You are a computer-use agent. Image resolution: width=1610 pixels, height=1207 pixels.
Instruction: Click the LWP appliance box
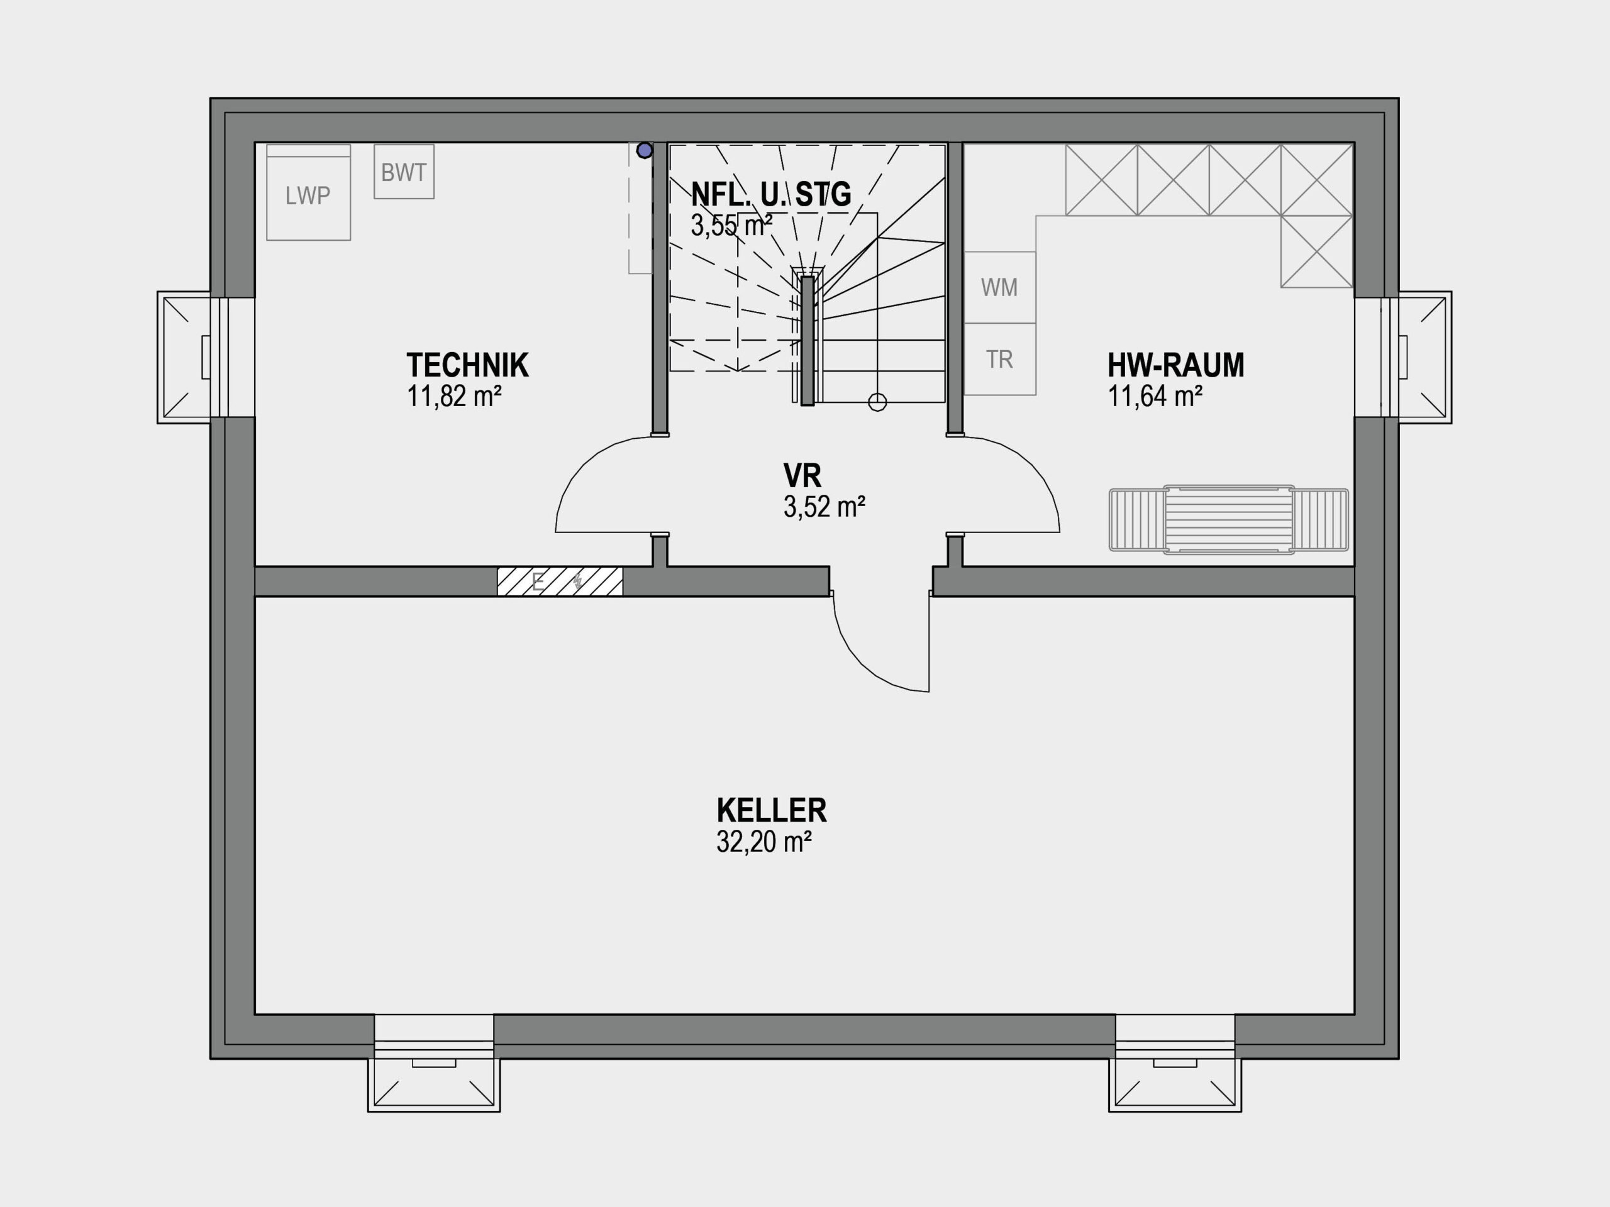(x=308, y=192)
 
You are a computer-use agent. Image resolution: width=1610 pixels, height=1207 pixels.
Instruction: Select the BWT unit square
(x=404, y=171)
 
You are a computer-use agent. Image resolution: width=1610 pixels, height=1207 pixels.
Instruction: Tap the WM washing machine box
(x=999, y=287)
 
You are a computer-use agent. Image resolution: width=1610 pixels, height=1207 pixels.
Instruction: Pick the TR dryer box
(x=999, y=360)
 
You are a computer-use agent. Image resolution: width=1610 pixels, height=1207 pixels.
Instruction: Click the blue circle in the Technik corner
(x=644, y=151)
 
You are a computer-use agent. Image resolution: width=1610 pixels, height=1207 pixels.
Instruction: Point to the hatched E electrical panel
(x=560, y=581)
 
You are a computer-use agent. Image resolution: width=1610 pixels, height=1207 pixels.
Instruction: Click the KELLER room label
(x=772, y=810)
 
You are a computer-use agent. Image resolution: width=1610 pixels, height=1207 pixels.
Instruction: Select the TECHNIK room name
(x=467, y=365)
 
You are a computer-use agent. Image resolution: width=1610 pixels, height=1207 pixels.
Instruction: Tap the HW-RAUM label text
(x=1175, y=365)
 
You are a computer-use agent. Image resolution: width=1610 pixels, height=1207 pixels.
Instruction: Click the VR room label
(x=802, y=476)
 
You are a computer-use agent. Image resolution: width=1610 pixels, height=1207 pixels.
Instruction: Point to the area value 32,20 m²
(x=763, y=842)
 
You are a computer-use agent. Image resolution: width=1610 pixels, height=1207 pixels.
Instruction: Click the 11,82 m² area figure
(x=453, y=397)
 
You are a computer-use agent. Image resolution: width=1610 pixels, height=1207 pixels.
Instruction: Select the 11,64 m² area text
(x=1155, y=397)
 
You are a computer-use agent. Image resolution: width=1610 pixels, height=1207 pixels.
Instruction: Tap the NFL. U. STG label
(x=771, y=194)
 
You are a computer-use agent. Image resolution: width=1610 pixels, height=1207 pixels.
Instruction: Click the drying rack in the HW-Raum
(x=1229, y=519)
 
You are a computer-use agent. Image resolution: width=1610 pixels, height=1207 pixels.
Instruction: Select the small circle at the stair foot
(x=877, y=402)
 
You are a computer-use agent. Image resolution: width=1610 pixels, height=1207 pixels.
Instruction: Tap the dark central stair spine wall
(x=807, y=341)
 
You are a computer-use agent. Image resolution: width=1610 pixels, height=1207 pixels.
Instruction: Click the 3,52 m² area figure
(x=824, y=507)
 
